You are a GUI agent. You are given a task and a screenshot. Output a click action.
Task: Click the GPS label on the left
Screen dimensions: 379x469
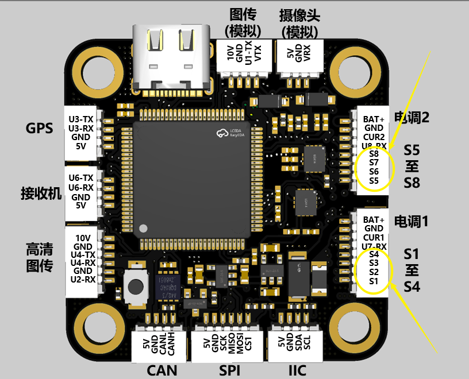[x=40, y=128]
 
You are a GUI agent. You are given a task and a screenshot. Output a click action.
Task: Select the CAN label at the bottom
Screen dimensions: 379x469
[x=162, y=369]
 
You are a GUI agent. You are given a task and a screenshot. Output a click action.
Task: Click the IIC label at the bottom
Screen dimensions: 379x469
[x=297, y=369]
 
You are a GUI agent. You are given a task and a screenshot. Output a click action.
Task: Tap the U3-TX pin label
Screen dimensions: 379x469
[x=80, y=119]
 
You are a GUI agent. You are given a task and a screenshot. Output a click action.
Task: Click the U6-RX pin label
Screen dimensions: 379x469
[x=80, y=188]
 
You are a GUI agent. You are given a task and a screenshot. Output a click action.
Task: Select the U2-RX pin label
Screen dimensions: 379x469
[x=83, y=280]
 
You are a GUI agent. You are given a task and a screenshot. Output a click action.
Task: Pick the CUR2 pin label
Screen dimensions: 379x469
[x=374, y=137]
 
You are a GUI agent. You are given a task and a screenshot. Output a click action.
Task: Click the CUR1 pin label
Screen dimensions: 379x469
[x=374, y=237]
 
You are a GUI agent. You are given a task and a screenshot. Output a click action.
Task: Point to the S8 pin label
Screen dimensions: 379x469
[x=374, y=154]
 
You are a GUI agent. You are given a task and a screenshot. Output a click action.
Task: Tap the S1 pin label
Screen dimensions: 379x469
[x=374, y=281]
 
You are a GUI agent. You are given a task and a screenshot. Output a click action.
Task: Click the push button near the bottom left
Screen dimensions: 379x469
[x=137, y=285]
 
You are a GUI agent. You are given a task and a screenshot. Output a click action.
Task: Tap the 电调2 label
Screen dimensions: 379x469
[x=412, y=118]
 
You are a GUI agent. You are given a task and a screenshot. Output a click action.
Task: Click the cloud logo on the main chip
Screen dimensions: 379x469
[x=222, y=134]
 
